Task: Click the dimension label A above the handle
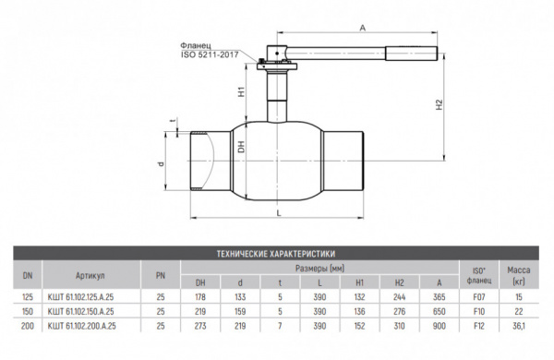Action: pos(363,28)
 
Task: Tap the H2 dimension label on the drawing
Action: pos(440,104)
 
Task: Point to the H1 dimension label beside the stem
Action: pos(241,92)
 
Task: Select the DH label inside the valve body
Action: pos(241,147)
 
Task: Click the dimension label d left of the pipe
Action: pos(161,164)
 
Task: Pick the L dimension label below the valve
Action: pos(279,212)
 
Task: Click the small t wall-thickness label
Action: pos(172,122)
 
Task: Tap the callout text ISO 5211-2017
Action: pos(210,54)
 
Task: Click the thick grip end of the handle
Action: pos(412,54)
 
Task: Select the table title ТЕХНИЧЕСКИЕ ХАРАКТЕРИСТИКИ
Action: pos(276,254)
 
